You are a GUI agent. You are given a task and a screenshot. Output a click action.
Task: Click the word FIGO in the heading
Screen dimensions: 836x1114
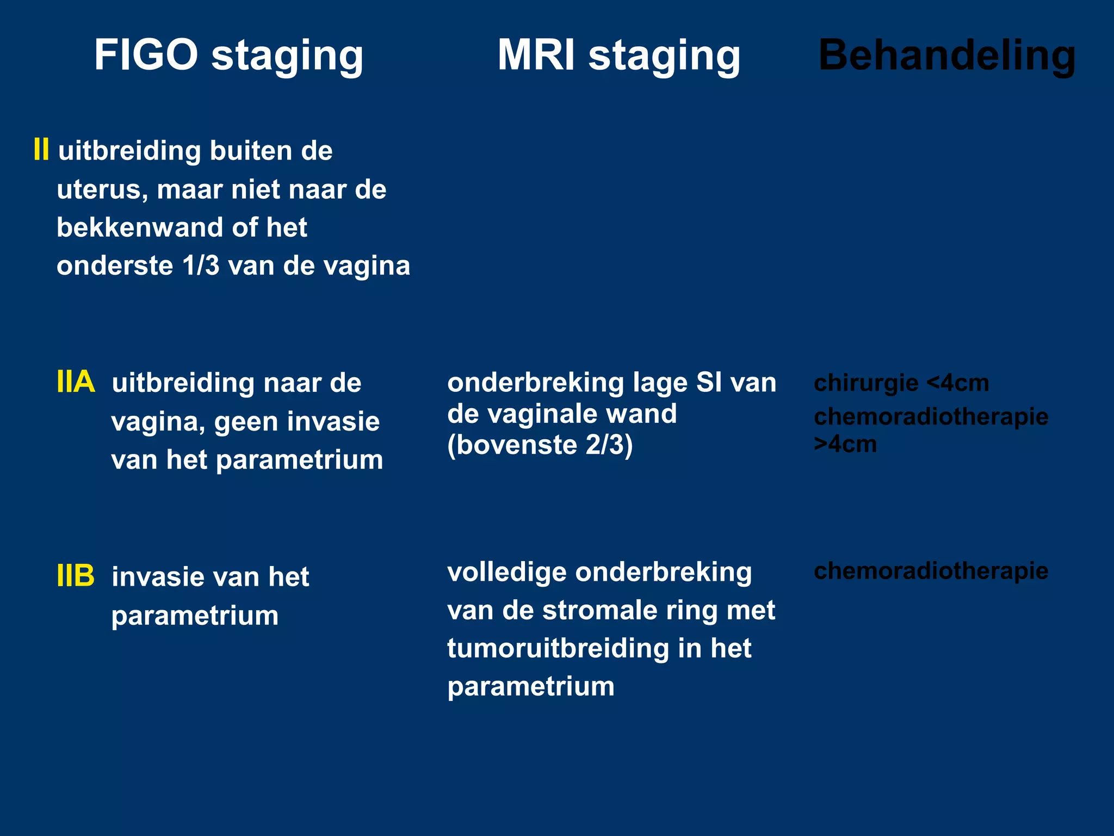pos(146,55)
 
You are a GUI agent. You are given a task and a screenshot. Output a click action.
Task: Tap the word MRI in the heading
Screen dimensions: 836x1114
pos(536,55)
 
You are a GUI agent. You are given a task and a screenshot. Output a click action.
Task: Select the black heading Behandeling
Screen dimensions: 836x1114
pos(946,55)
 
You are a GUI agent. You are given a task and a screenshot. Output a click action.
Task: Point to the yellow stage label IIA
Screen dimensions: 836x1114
pos(76,382)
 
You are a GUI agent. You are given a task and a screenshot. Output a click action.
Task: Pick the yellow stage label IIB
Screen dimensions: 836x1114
pos(76,576)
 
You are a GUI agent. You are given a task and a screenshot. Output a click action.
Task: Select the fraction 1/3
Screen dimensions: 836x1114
pos(201,266)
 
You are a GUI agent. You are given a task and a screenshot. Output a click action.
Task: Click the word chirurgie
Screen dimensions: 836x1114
pos(864,383)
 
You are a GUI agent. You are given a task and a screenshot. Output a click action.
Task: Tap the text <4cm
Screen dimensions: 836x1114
pos(958,383)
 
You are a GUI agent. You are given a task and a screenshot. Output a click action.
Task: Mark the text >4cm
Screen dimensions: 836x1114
pos(845,445)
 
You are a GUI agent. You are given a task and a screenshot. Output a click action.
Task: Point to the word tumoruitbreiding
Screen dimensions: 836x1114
pos(558,648)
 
